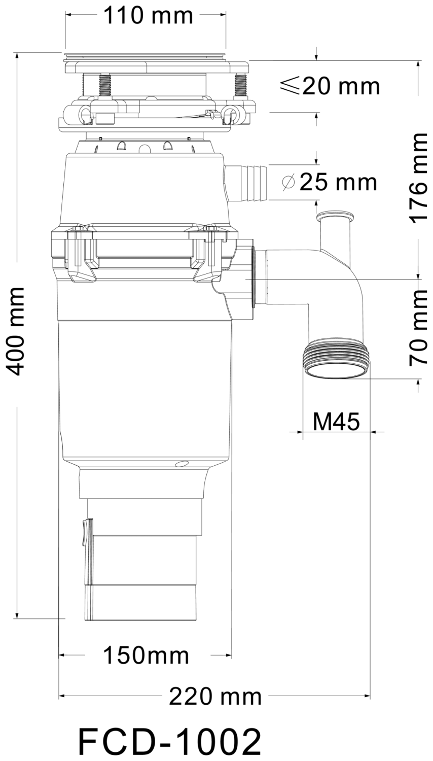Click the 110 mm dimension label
pyautogui.click(x=148, y=15)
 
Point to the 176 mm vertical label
pyautogui.click(x=418, y=178)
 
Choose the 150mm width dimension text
pyautogui.click(x=146, y=655)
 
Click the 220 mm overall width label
pyautogui.click(x=215, y=697)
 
